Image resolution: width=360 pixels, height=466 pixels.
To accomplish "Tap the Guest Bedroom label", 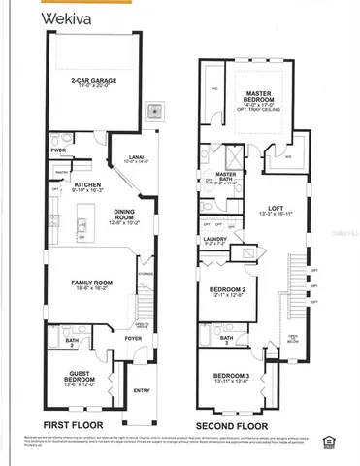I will [x=78, y=376].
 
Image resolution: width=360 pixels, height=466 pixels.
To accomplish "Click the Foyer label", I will [x=132, y=339].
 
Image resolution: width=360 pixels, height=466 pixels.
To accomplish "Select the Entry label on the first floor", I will [x=143, y=391].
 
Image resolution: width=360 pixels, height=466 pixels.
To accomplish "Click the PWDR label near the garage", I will [x=57, y=150].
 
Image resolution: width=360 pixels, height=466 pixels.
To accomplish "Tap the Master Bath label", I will [x=239, y=176].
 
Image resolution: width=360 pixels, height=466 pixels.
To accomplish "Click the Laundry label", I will [x=214, y=239].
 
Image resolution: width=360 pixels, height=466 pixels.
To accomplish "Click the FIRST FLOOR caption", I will [x=82, y=425].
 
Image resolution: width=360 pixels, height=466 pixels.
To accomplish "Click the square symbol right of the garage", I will [x=153, y=111].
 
